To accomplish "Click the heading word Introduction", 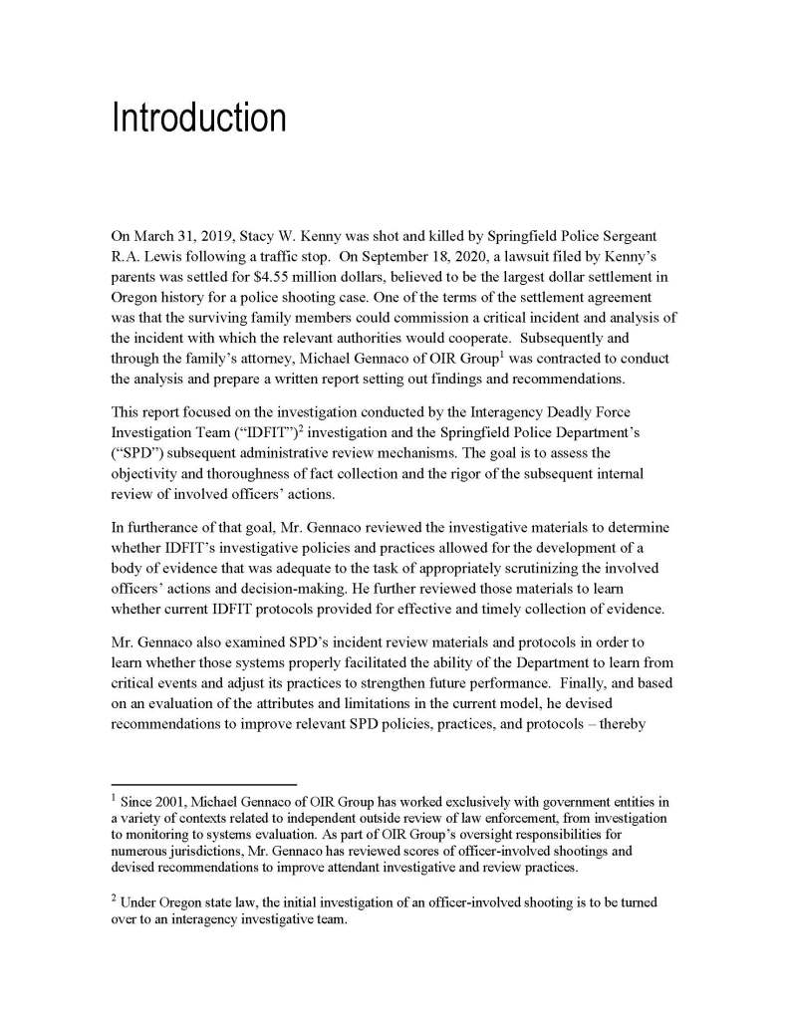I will [198, 118].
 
